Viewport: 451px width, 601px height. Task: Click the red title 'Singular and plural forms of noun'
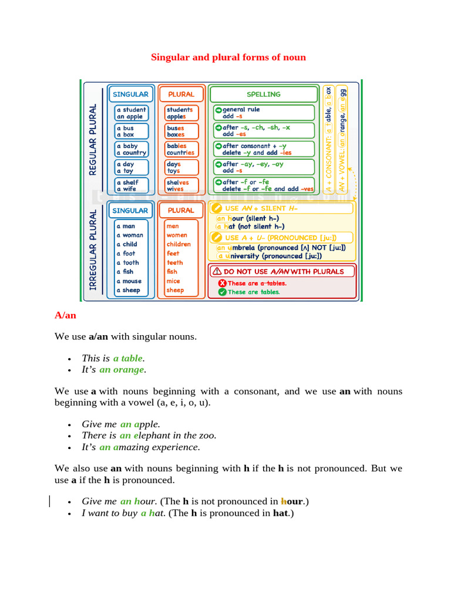pos(228,57)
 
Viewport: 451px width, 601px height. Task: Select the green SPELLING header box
pos(263,94)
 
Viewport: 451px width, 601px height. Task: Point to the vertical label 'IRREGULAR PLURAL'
pos(92,249)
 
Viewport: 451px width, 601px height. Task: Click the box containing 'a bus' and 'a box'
pos(131,131)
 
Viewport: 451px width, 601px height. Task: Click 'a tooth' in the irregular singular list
pos(127,263)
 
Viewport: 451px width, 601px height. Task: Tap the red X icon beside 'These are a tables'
pos(222,283)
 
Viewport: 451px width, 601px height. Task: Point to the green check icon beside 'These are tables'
pos(222,292)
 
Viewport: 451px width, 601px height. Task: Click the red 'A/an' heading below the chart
pos(65,315)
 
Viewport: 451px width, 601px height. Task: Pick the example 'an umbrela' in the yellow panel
pos(238,247)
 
